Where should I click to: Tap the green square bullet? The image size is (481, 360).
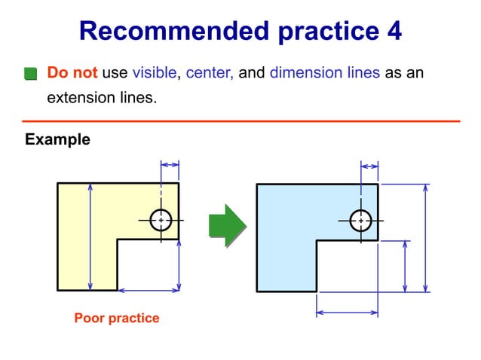tap(30, 74)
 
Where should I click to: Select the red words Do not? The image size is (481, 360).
tap(72, 73)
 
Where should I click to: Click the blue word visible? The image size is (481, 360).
tap(155, 73)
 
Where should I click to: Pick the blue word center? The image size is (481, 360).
tap(210, 73)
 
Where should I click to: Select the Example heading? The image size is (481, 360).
tap(57, 139)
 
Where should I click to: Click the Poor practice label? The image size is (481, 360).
tap(116, 318)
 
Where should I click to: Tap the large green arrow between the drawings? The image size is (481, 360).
tap(227, 224)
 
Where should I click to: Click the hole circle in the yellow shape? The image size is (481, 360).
tap(161, 220)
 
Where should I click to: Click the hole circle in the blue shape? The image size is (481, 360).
tap(361, 220)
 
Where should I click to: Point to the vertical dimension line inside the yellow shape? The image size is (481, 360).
tap(90, 236)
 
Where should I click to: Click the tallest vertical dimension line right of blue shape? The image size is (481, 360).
tap(426, 237)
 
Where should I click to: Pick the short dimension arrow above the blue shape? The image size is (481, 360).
tap(369, 164)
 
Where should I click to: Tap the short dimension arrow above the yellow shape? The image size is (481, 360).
tap(170, 163)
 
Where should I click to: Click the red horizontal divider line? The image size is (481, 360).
tap(240, 121)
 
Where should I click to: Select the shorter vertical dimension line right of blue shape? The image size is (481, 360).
tap(406, 267)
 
